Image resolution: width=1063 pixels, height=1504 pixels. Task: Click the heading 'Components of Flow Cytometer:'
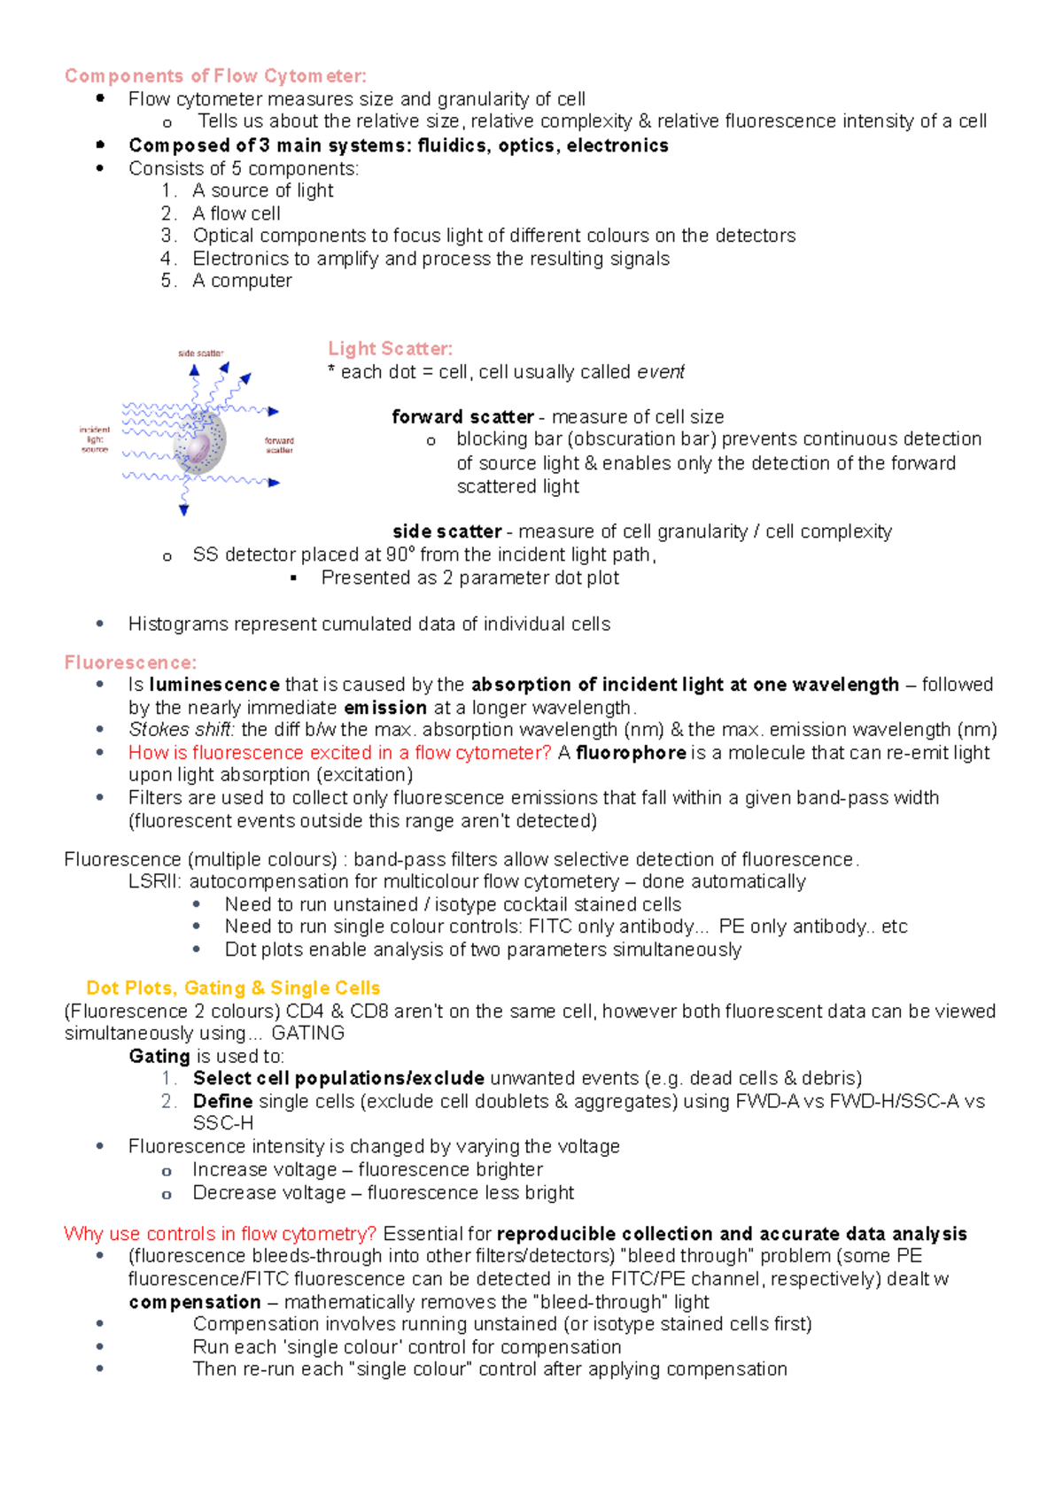215,76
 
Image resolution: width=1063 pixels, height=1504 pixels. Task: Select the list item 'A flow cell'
236,213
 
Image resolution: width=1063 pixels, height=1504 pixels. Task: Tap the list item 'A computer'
242,281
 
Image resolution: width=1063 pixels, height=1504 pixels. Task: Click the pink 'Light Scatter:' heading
390,349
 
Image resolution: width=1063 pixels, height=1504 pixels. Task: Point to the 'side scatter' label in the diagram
201,353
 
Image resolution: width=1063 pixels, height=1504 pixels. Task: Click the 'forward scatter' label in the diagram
279,445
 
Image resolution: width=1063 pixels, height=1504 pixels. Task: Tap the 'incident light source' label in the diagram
95,439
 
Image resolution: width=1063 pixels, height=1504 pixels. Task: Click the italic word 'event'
661,372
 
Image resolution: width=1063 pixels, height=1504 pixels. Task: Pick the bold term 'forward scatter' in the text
462,417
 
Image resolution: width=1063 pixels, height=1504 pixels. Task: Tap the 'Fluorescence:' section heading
130,663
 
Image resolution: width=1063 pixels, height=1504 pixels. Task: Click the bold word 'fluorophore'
631,753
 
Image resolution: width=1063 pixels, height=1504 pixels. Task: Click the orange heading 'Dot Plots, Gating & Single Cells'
233,988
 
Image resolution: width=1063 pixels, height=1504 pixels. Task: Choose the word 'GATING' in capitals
307,1034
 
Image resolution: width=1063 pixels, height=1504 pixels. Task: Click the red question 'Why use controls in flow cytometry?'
221,1234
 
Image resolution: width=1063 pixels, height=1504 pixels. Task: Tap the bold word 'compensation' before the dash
195,1302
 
